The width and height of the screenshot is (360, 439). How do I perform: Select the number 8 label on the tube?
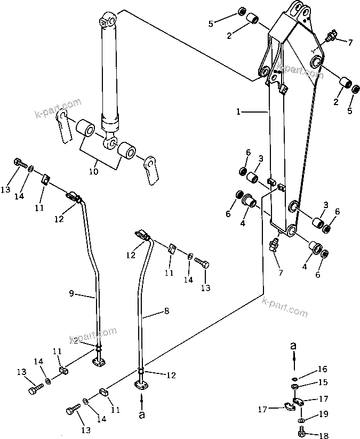click(x=166, y=310)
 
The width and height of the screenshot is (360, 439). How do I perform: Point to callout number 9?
click(x=71, y=293)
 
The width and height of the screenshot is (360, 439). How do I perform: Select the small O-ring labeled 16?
click(x=295, y=376)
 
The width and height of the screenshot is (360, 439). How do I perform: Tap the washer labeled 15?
click(x=295, y=386)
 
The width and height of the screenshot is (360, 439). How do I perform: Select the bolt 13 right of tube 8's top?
click(x=203, y=263)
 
